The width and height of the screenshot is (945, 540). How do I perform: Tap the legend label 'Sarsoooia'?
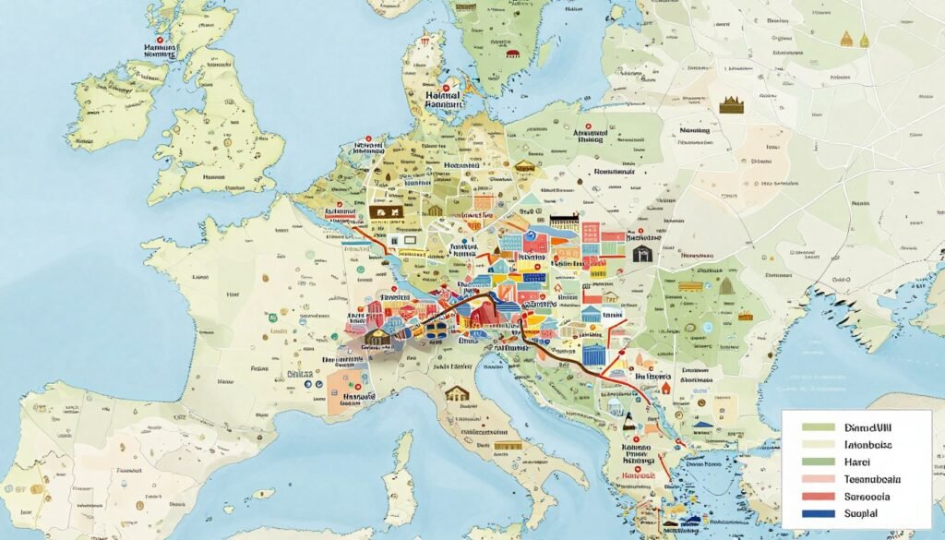[x=867, y=495]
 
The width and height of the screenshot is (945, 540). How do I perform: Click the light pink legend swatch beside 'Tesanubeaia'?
[x=817, y=478]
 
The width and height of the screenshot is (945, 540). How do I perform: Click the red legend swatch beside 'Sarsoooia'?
[x=817, y=495]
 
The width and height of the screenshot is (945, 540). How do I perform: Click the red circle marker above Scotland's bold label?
[x=161, y=41]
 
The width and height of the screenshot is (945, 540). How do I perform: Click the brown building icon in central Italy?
[x=456, y=394]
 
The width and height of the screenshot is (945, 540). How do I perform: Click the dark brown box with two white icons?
[x=385, y=211]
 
